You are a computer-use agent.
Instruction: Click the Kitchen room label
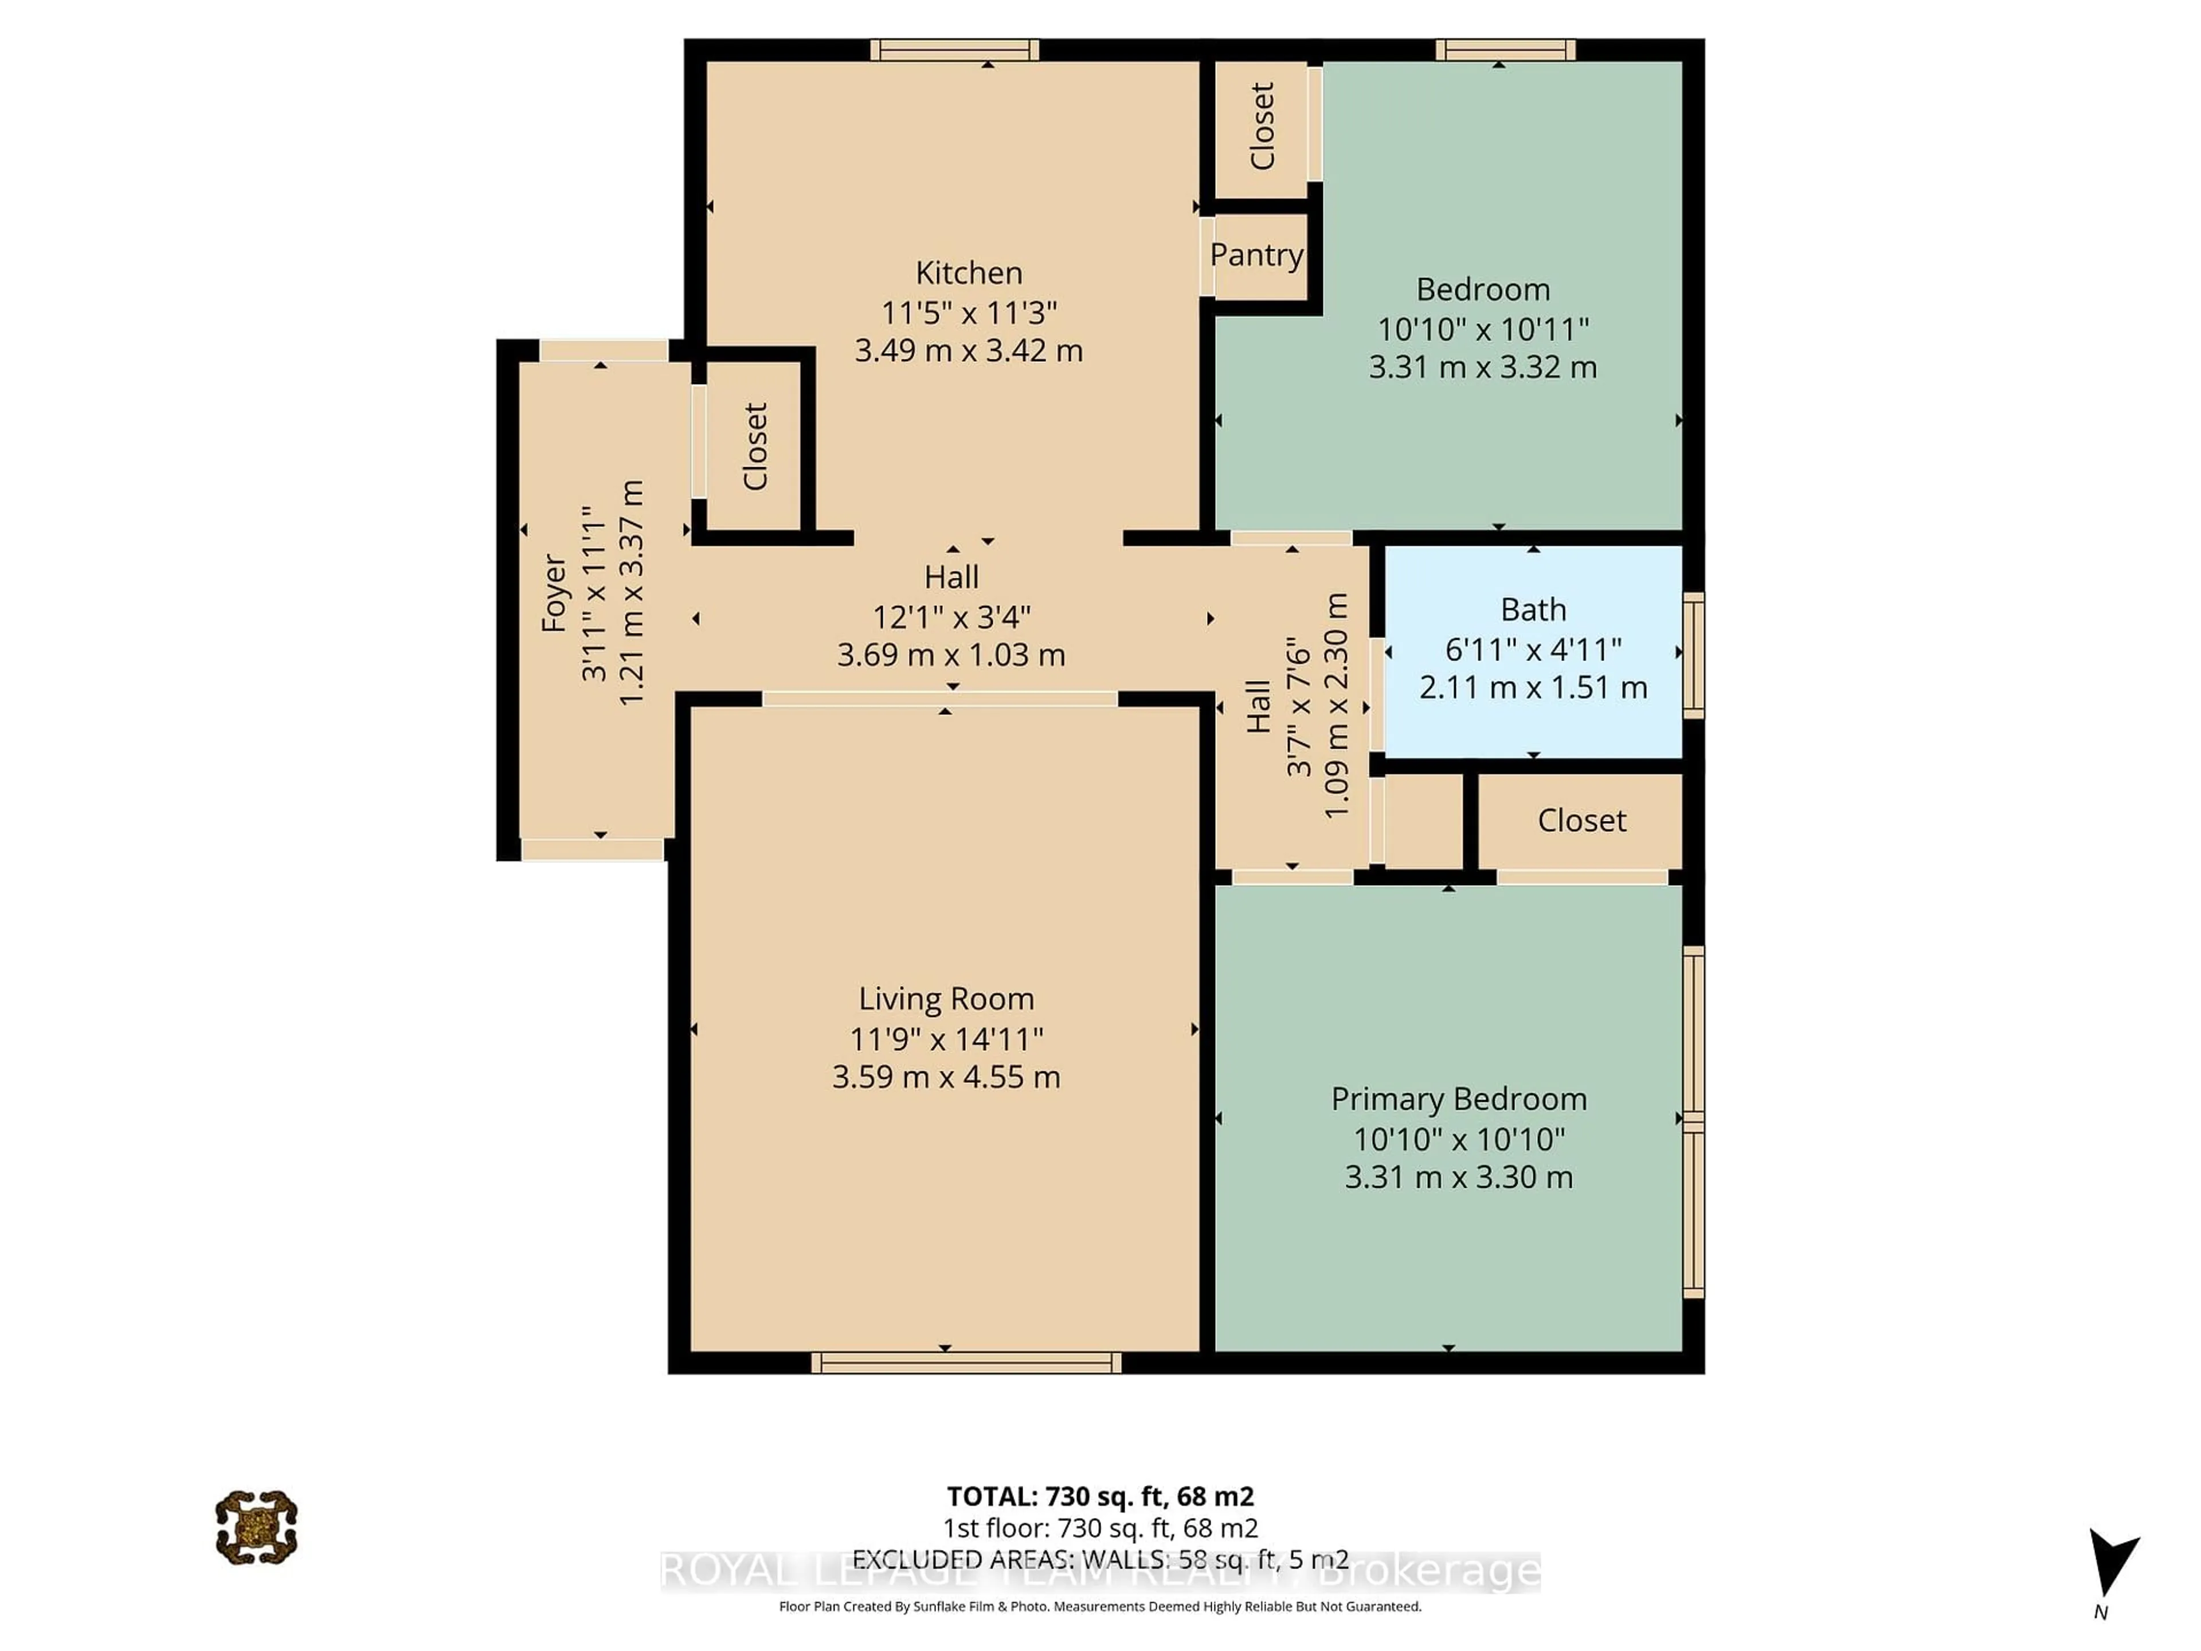point(968,273)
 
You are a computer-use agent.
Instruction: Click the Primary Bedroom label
point(1459,1099)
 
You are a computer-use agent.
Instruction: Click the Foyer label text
point(553,594)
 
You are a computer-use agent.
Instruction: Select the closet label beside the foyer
point(755,446)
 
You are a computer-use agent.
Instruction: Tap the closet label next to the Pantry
point(1262,126)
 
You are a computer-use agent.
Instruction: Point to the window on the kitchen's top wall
point(954,50)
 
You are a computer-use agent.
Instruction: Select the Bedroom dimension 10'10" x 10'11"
point(1483,328)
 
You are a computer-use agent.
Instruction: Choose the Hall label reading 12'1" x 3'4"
point(951,617)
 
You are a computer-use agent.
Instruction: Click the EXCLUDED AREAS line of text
point(1099,1559)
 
